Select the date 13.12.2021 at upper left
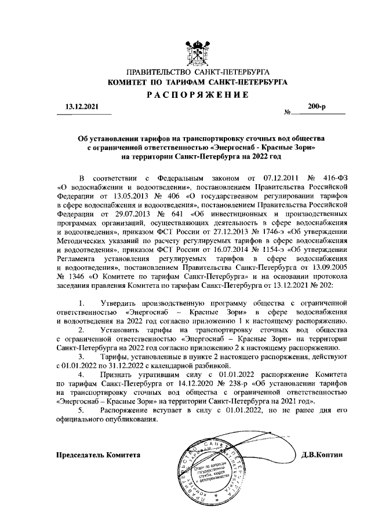(x=81, y=107)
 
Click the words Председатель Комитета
(x=98, y=455)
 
